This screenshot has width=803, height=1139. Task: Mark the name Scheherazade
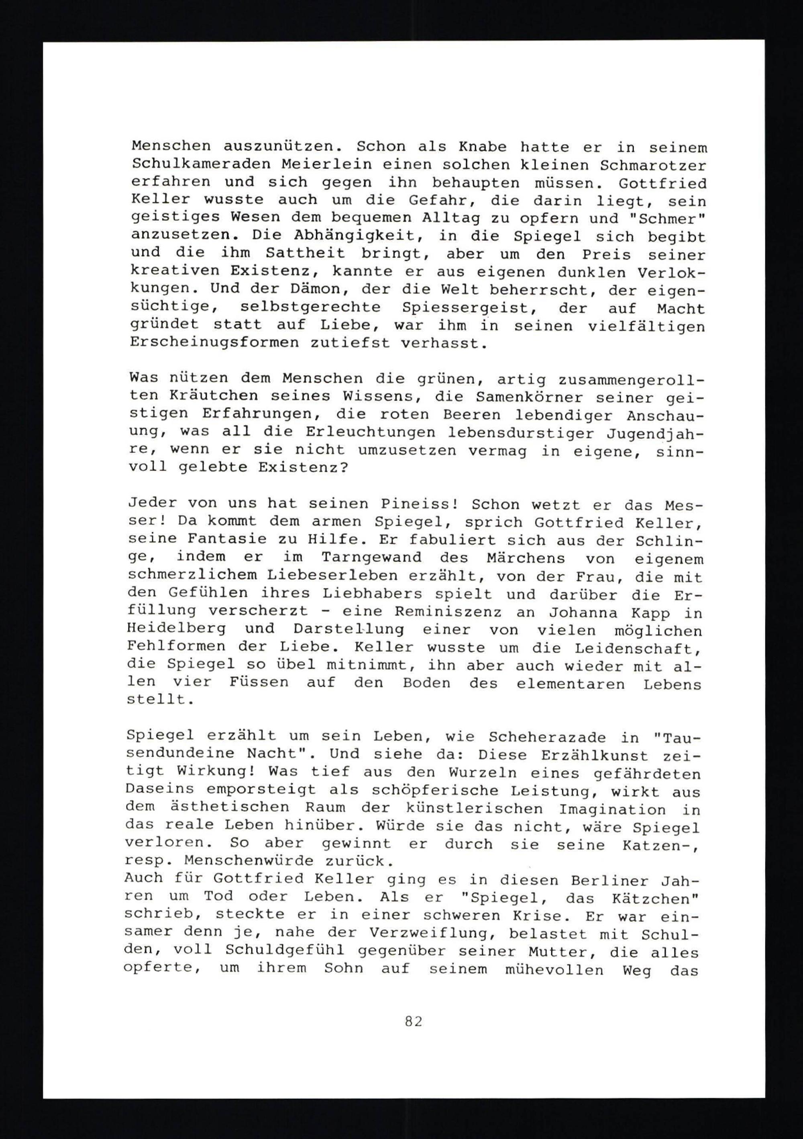pos(538,736)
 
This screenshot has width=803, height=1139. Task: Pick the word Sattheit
pos(305,254)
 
